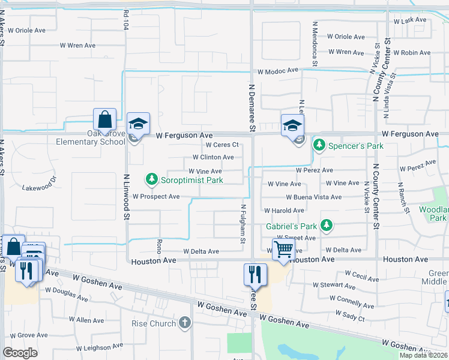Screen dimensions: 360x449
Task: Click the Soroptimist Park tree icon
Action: [152, 179]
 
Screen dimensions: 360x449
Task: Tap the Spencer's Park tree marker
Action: [320, 145]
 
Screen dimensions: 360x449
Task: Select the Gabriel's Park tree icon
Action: [326, 226]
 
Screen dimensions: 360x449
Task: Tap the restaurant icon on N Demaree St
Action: [255, 274]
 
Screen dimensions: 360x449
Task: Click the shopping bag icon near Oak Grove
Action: [104, 119]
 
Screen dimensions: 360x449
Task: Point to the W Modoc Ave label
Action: [278, 71]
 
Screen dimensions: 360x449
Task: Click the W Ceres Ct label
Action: [222, 145]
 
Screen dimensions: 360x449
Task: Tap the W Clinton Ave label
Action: [212, 157]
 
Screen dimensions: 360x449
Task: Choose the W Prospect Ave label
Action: [156, 196]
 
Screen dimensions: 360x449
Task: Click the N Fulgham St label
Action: [243, 224]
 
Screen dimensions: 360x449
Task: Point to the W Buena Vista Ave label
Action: [313, 197]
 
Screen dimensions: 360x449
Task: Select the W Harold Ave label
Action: [284, 211]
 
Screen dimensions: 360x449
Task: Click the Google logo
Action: [20, 353]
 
